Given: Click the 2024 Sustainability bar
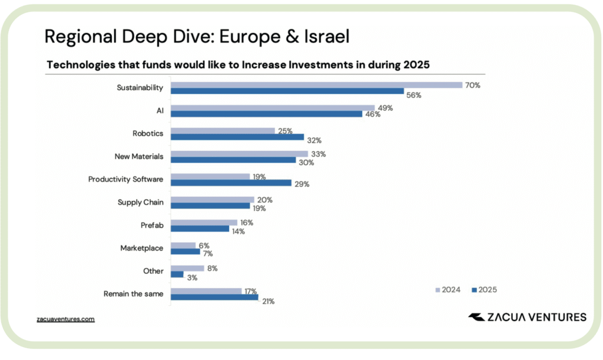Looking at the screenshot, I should click(x=316, y=85).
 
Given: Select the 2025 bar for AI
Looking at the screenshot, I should click(x=266, y=114).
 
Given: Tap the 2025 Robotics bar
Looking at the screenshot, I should click(x=237, y=137).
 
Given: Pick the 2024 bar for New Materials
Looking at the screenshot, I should click(x=239, y=153).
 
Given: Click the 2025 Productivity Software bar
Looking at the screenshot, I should click(x=231, y=183).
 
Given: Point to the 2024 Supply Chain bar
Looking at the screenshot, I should click(x=212, y=200).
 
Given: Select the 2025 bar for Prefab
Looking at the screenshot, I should click(x=200, y=228).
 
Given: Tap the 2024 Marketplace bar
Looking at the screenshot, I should click(x=183, y=245).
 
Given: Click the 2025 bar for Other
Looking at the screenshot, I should click(x=177, y=274).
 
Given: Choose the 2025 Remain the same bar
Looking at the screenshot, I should click(x=214, y=297).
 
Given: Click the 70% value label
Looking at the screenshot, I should click(x=472, y=85).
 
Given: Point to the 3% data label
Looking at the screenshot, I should click(x=192, y=276).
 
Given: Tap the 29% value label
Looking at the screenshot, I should click(x=302, y=184).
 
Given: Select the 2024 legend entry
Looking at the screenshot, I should click(x=448, y=289).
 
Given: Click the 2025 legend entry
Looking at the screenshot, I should click(x=483, y=289).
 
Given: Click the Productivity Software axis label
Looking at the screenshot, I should click(x=125, y=179).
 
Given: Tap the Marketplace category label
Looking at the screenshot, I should click(x=141, y=248).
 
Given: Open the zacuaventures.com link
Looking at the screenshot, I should click(x=65, y=319).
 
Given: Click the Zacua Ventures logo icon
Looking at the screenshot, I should click(x=476, y=317).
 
